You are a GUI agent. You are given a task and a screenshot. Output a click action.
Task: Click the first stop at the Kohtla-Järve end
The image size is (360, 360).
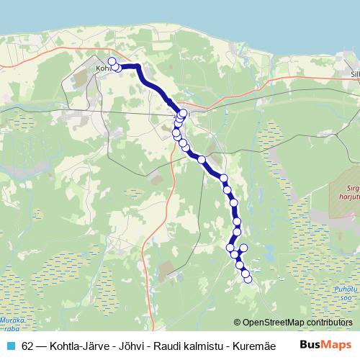[112, 61]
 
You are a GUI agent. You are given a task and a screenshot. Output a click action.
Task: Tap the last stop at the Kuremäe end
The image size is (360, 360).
[248, 279]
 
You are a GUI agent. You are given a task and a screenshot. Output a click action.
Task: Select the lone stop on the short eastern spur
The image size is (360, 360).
[243, 248]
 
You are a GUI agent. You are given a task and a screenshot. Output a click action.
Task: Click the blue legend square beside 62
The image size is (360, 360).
[10, 345]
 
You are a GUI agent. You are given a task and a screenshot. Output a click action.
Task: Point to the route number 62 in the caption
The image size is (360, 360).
[27, 345]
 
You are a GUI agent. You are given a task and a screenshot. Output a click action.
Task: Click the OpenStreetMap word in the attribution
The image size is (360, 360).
[273, 322]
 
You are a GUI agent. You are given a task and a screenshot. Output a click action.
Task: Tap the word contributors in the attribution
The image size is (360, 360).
[328, 322]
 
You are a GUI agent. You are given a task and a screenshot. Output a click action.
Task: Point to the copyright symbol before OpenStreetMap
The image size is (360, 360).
[237, 322]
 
